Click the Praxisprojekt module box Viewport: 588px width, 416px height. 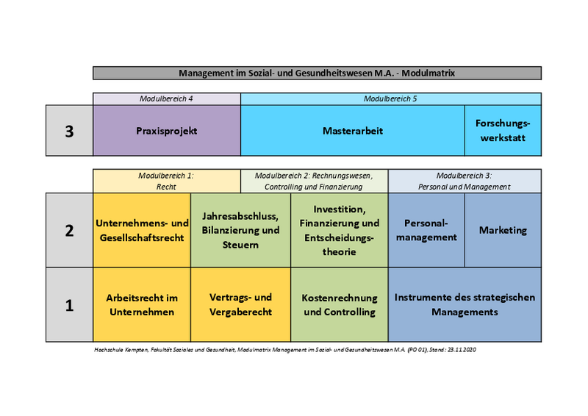click(x=167, y=131)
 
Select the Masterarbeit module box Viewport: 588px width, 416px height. click(x=353, y=131)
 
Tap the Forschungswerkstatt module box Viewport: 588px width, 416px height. click(x=503, y=131)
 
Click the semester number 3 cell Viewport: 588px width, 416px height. click(x=69, y=131)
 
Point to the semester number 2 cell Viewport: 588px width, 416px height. click(x=69, y=230)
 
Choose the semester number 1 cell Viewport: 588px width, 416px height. click(x=69, y=305)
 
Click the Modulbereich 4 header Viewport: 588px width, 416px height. click(x=167, y=98)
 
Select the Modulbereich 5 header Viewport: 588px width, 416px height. click(x=390, y=98)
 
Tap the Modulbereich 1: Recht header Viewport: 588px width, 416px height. click(x=167, y=181)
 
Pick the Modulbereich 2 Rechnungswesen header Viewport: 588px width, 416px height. click(x=314, y=181)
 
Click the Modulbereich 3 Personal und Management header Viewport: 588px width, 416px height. click(x=465, y=181)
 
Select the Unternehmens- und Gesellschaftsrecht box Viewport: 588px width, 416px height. click(x=142, y=230)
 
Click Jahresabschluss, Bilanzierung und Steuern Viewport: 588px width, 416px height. click(x=240, y=230)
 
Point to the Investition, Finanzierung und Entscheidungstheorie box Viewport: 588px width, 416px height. click(x=339, y=230)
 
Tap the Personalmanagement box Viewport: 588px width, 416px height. click(x=426, y=230)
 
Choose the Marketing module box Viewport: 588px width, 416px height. click(x=503, y=230)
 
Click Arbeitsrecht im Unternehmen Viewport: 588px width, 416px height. click(x=142, y=305)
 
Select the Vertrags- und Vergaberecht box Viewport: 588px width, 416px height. click(x=240, y=305)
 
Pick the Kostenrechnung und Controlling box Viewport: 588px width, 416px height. click(x=339, y=305)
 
